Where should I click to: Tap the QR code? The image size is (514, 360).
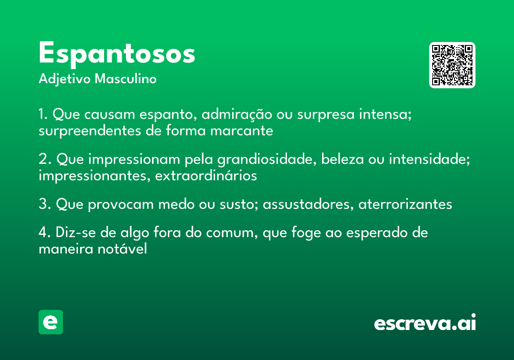tap(452, 65)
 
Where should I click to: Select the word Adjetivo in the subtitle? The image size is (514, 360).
tap(65, 79)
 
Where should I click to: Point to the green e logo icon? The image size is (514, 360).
tap(51, 322)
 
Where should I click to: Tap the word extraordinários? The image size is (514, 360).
tap(206, 175)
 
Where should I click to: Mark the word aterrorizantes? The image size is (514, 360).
tap(405, 204)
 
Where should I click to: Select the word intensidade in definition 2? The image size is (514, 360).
tap(429, 160)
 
